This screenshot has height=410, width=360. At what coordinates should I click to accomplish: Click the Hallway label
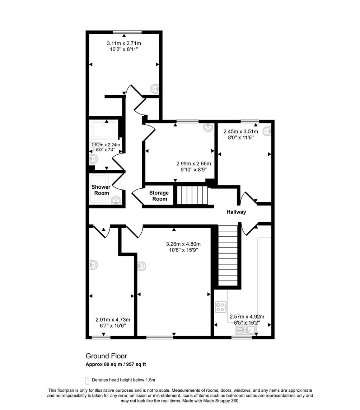pyautogui.click(x=236, y=212)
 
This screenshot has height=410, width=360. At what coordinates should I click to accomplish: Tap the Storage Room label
pyautogui.click(x=159, y=196)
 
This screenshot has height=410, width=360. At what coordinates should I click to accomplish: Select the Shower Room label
pyautogui.click(x=101, y=190)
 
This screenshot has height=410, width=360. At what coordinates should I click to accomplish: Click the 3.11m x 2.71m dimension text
pyautogui.click(x=126, y=43)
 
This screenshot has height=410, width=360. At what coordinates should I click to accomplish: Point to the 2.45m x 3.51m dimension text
pyautogui.click(x=241, y=132)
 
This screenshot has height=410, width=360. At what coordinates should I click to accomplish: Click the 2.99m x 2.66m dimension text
pyautogui.click(x=193, y=163)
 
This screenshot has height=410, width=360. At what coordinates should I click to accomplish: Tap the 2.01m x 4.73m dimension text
pyautogui.click(x=113, y=320)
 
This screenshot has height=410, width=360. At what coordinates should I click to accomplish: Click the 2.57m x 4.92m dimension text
pyautogui.click(x=247, y=316)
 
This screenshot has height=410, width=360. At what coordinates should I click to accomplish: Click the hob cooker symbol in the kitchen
pyautogui.click(x=220, y=307)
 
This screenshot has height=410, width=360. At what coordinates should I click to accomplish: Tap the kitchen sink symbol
pyautogui.click(x=246, y=330)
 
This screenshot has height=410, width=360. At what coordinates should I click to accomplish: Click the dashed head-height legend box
pyautogui.click(x=87, y=380)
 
